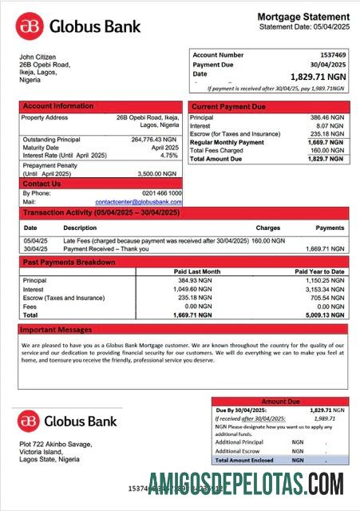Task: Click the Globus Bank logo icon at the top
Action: point(31,26)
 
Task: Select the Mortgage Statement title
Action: point(303,17)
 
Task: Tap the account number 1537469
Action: point(332,55)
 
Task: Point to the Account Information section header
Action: point(57,106)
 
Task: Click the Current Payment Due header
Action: point(229,106)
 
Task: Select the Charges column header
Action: point(267,228)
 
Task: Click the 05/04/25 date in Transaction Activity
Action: point(36,240)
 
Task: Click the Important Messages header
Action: point(57,329)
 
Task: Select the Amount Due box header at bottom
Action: point(280,402)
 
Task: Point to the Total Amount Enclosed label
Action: point(244,460)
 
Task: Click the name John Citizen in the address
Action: point(37,57)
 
